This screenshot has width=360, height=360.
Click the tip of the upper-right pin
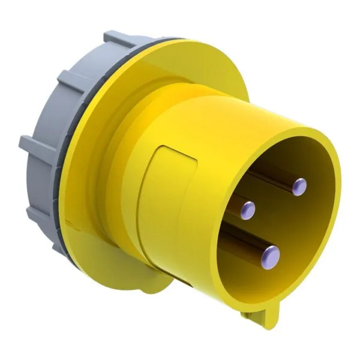(298, 187)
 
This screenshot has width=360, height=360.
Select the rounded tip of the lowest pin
(271, 256)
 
